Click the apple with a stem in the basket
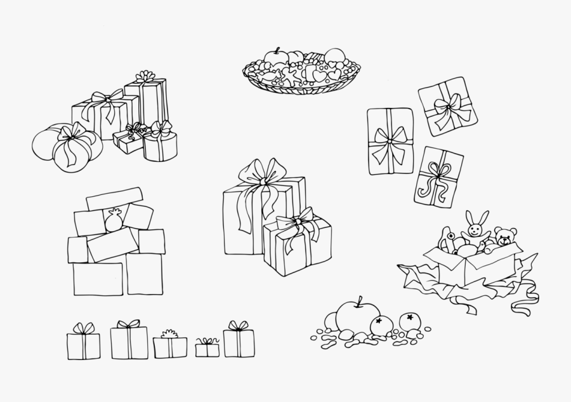276,58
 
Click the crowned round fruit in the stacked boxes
114,220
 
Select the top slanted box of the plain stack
114,198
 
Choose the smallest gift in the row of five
207,349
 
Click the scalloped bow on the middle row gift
169,333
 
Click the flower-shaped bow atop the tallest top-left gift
145,76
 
